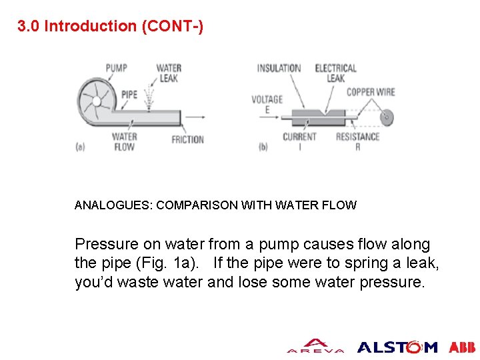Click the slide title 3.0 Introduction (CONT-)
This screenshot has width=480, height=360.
point(110,26)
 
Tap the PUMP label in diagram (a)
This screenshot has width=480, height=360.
point(116,68)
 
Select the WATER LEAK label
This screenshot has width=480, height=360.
point(169,73)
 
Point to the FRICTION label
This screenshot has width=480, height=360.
point(187,139)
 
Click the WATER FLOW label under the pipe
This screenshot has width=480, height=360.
point(124,142)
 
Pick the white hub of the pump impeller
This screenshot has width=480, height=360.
point(97,101)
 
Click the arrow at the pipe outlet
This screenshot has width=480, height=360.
point(195,117)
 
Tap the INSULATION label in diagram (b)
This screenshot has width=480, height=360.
point(279,68)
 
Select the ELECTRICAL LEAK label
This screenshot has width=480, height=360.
point(336,73)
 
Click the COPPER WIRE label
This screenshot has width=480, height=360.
point(371,92)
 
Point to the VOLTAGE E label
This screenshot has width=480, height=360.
point(267,105)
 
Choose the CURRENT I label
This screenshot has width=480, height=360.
point(299,142)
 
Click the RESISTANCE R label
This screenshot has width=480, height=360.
point(357,142)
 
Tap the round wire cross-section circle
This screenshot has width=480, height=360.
point(387,117)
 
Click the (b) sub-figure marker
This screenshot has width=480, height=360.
point(263,147)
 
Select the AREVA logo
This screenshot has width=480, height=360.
point(315,346)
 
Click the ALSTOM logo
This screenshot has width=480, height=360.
point(397,347)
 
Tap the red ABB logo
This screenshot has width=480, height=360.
point(462,347)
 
